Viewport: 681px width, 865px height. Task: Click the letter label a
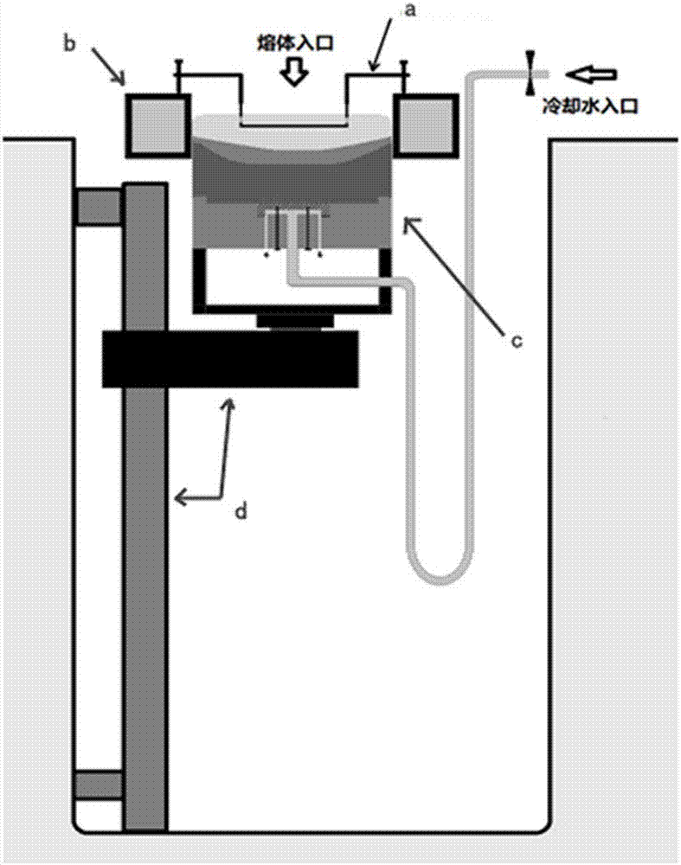click(410, 9)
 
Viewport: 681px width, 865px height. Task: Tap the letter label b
click(68, 43)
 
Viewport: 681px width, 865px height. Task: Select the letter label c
click(516, 341)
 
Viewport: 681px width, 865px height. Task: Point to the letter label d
click(241, 511)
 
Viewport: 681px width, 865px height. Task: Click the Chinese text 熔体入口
click(296, 43)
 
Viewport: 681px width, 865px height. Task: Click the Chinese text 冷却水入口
click(590, 105)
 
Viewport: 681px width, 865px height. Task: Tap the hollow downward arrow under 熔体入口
click(296, 73)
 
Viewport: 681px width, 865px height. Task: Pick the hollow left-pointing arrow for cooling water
click(591, 74)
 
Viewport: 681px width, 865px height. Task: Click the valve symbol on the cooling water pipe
click(530, 73)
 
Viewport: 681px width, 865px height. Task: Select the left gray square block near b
click(157, 125)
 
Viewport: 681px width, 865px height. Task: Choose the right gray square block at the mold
click(425, 125)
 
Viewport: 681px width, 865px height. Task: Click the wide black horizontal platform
click(230, 359)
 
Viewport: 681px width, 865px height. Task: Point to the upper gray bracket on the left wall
click(99, 207)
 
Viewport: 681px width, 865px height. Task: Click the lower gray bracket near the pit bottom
click(99, 785)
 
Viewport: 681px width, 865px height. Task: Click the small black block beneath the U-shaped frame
click(296, 321)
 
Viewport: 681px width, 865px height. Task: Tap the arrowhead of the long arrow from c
click(409, 223)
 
